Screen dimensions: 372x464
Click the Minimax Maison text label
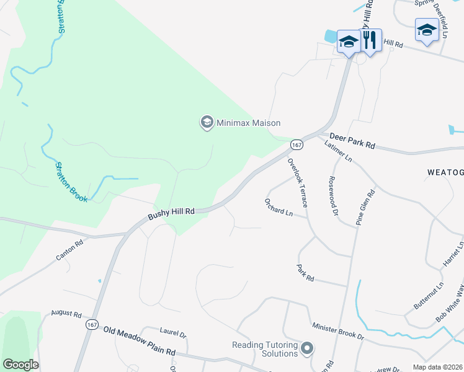coord(248,123)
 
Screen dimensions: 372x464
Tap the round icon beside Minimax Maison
coord(206,123)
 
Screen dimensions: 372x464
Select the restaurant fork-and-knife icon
coord(370,41)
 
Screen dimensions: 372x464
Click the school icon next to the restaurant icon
coord(349,42)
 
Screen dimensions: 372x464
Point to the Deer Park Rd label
coord(352,140)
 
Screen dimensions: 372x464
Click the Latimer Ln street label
coord(338,151)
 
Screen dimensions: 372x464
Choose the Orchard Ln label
coord(279,208)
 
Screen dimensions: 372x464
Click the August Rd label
coord(66,314)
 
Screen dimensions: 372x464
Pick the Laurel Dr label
coord(173,334)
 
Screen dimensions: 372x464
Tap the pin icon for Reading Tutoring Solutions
coord(306,349)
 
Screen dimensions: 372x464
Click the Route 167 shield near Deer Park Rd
coord(296,144)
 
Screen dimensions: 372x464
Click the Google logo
coord(20,365)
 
